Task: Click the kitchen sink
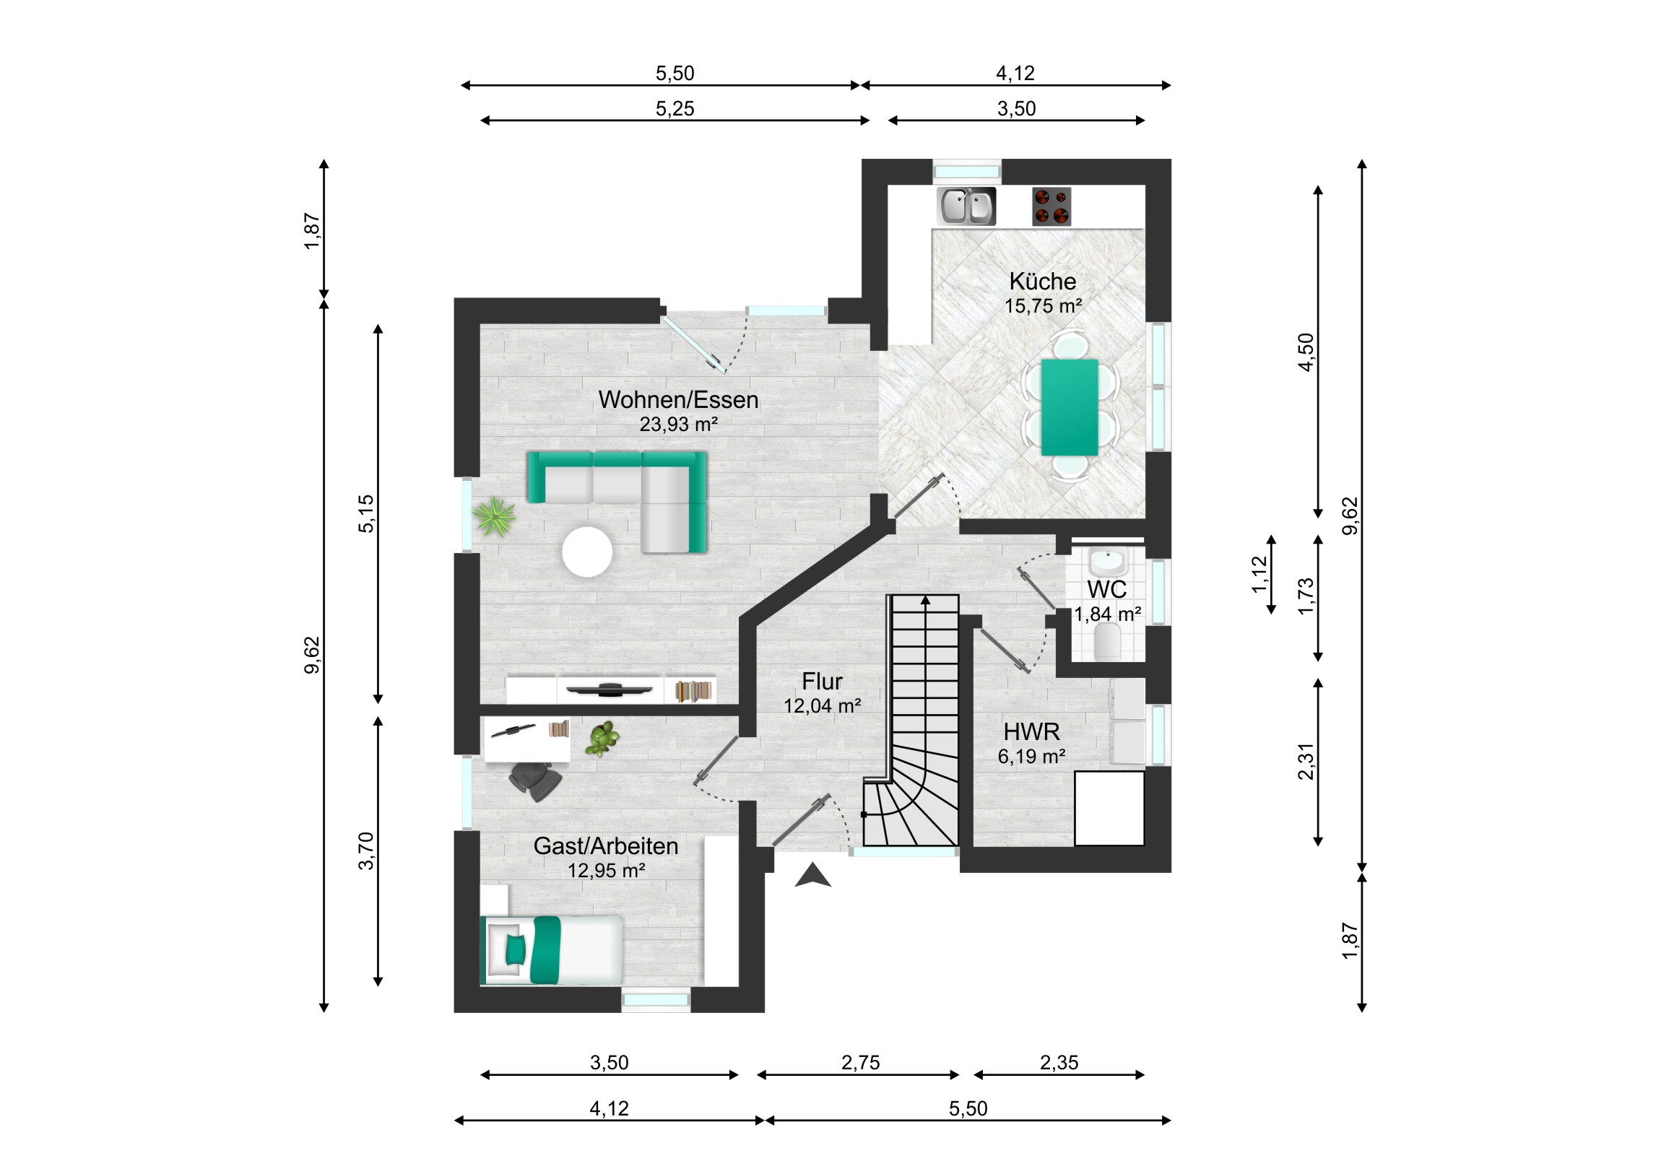966,206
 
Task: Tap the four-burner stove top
1051,206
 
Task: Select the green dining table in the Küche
1070,407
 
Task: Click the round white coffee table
587,552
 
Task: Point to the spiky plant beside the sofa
494,516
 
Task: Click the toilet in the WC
1108,641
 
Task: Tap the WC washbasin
1108,560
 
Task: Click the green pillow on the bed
515,949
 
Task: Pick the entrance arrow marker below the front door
813,876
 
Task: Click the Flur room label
822,682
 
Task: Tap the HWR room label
1031,732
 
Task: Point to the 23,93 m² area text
679,424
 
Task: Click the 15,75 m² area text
1044,306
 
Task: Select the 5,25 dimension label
675,108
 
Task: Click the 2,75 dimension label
861,1063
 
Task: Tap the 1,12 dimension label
1260,574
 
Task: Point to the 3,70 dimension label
367,851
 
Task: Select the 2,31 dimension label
1306,762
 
